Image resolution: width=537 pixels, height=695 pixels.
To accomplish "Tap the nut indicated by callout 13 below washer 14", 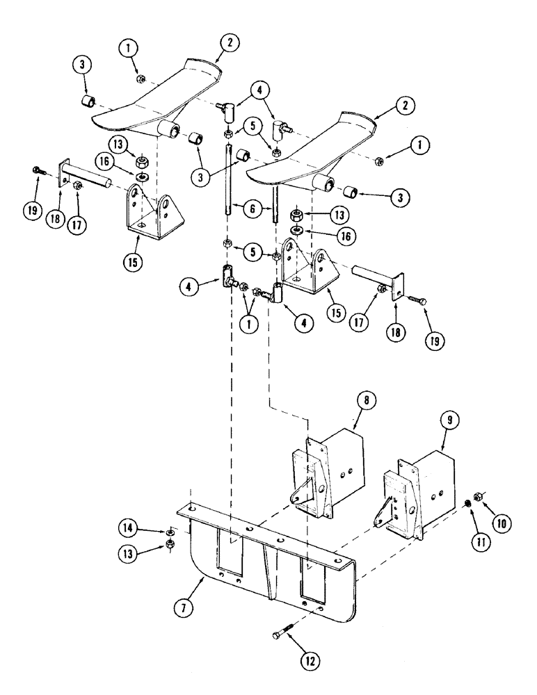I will pos(170,543).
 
